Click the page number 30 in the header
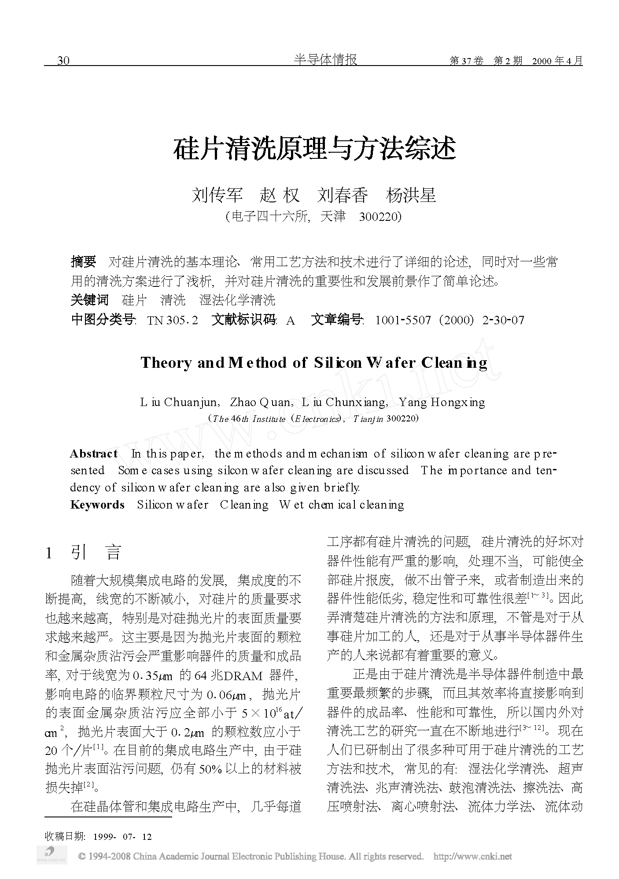pyautogui.click(x=63, y=61)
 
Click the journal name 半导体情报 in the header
pyautogui.click(x=325, y=59)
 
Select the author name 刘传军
pyautogui.click(x=217, y=195)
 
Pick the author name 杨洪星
pyautogui.click(x=411, y=195)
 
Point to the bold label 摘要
pyautogui.click(x=83, y=262)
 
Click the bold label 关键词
pyautogui.click(x=89, y=300)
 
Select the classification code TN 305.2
pyautogui.click(x=173, y=320)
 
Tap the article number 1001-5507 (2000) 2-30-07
pyautogui.click(x=450, y=320)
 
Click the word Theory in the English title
pyautogui.click(x=166, y=363)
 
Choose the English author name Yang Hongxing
pyautogui.click(x=442, y=402)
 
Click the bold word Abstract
pyautogui.click(x=94, y=454)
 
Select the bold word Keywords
pyautogui.click(x=97, y=505)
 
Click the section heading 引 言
pyautogui.click(x=96, y=553)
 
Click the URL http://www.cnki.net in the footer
pyautogui.click(x=472, y=857)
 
